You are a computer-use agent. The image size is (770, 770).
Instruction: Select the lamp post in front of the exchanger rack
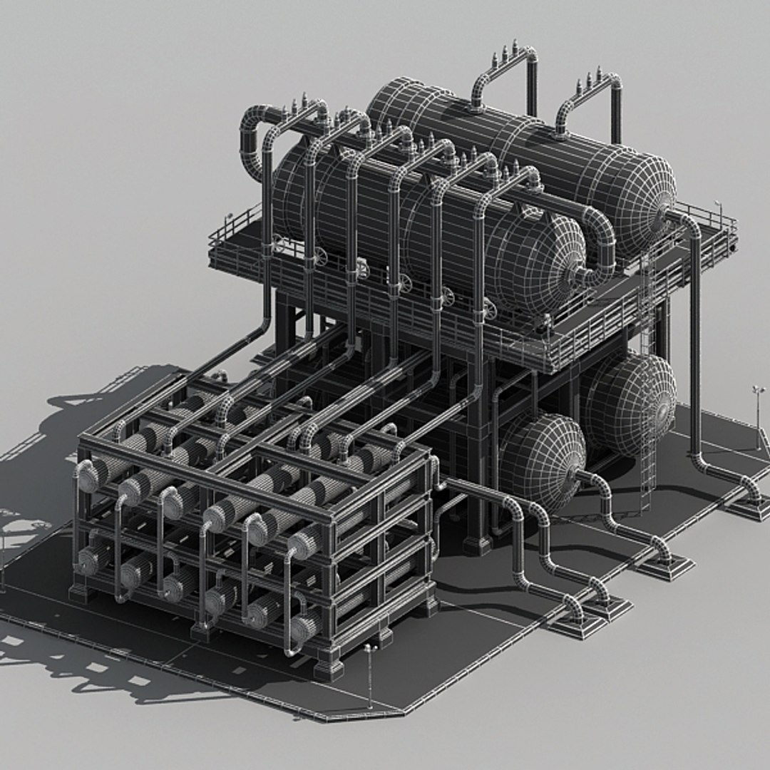point(369,674)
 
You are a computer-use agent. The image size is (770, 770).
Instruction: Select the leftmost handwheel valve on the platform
point(320,256)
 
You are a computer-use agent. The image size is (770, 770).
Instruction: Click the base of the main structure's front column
point(477,545)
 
